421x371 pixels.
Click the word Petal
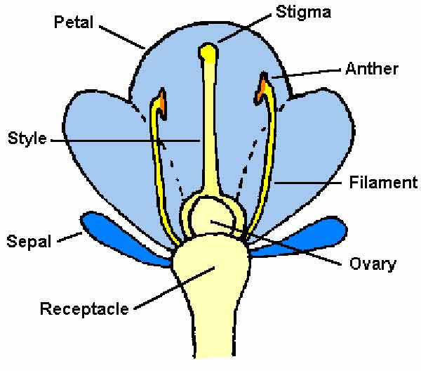[x=74, y=22]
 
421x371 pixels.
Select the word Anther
[x=372, y=69]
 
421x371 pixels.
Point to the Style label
[x=27, y=138]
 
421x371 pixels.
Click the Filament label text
[x=383, y=183]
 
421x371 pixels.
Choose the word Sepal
[x=29, y=242]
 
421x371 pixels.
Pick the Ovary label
[x=372, y=264]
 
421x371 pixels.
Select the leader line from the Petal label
[x=123, y=37]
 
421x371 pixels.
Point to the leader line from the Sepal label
[x=69, y=239]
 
